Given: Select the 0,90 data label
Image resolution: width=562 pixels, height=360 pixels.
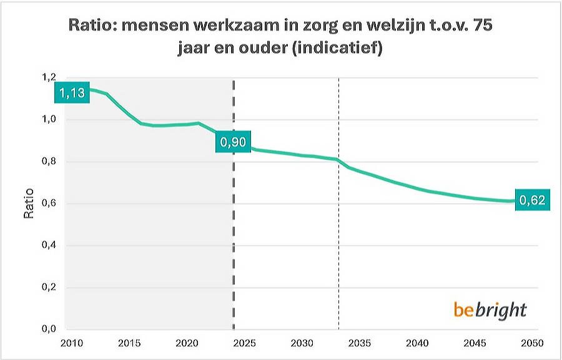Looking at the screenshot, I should pyautogui.click(x=232, y=143).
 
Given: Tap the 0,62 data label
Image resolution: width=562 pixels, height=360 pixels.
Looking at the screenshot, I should pyautogui.click(x=533, y=201).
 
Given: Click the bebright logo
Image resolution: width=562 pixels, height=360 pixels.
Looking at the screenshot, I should pyautogui.click(x=490, y=309).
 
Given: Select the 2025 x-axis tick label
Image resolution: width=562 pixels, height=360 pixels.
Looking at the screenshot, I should pyautogui.click(x=244, y=344).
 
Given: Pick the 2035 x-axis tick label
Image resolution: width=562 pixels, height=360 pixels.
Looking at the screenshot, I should pyautogui.click(x=361, y=344).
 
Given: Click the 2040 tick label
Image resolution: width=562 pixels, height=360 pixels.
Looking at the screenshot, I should pyautogui.click(x=419, y=344).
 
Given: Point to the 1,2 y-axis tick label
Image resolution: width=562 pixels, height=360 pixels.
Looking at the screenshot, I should pyautogui.click(x=49, y=77).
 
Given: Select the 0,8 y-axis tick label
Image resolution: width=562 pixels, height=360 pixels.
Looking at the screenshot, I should pyautogui.click(x=49, y=161).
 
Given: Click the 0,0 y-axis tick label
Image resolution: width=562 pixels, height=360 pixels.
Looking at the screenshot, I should pyautogui.click(x=49, y=329).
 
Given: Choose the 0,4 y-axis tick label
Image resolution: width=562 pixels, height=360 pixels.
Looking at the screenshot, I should pyautogui.click(x=49, y=246).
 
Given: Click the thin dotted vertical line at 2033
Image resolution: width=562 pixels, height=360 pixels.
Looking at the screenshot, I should pyautogui.click(x=338, y=250).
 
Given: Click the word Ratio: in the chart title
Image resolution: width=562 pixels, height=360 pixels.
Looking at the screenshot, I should pyautogui.click(x=92, y=27).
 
